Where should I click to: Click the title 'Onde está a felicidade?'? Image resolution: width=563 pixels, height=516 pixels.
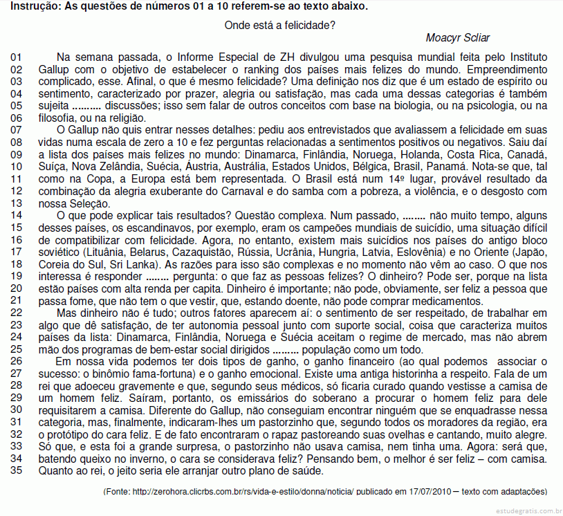tap(281, 26)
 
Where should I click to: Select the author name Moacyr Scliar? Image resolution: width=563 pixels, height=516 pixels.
tap(456, 38)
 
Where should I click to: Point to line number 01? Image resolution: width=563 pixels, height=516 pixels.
tap(17, 57)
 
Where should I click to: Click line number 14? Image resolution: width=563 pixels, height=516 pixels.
tap(17, 215)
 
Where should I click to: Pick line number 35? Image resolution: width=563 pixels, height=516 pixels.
tap(17, 472)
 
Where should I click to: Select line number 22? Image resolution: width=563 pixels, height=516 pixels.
tap(17, 313)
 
